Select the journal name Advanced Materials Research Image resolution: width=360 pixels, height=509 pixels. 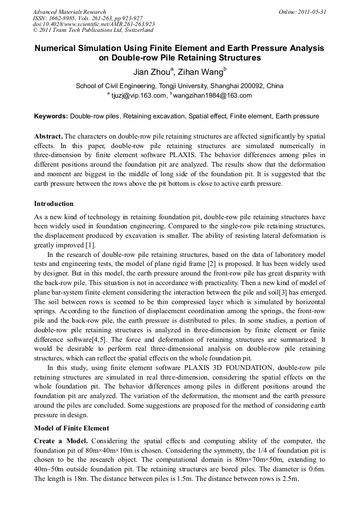tap(70, 12)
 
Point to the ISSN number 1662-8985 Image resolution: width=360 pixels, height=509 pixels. tap(64, 18)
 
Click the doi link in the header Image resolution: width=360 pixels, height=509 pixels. tap(93, 24)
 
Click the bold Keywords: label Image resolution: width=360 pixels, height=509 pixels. tap(51, 116)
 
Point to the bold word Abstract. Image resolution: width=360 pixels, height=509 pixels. tap(48, 136)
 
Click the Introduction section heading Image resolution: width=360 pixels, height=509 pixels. tap(54, 204)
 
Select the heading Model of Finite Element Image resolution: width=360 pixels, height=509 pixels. tap(72, 428)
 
